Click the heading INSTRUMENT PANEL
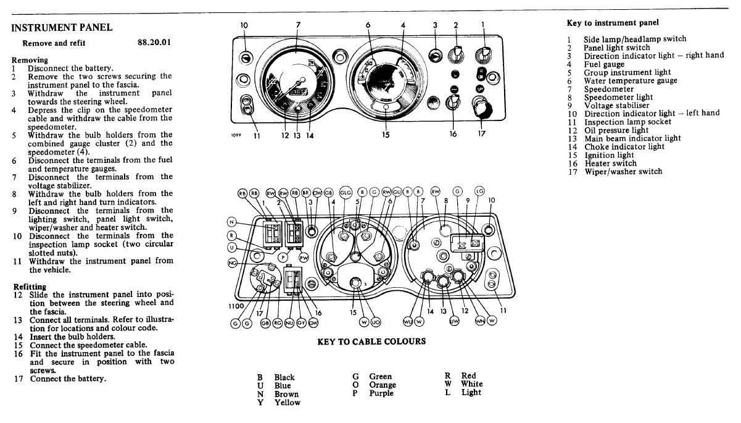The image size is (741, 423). coord(62,28)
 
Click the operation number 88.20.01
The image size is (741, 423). coord(154,43)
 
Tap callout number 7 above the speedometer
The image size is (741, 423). coord(299,25)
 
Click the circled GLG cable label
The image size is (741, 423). coord(346,192)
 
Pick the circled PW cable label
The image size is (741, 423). coord(304,258)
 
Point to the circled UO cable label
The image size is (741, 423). coord(376,321)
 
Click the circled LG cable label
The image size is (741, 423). coord(479,191)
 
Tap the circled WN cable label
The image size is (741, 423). coord(479,321)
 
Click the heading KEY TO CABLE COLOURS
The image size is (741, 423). coord(371,341)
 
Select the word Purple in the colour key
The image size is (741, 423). coord(381,393)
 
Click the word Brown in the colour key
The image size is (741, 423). coord(286,394)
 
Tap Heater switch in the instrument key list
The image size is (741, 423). coord(610,163)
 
